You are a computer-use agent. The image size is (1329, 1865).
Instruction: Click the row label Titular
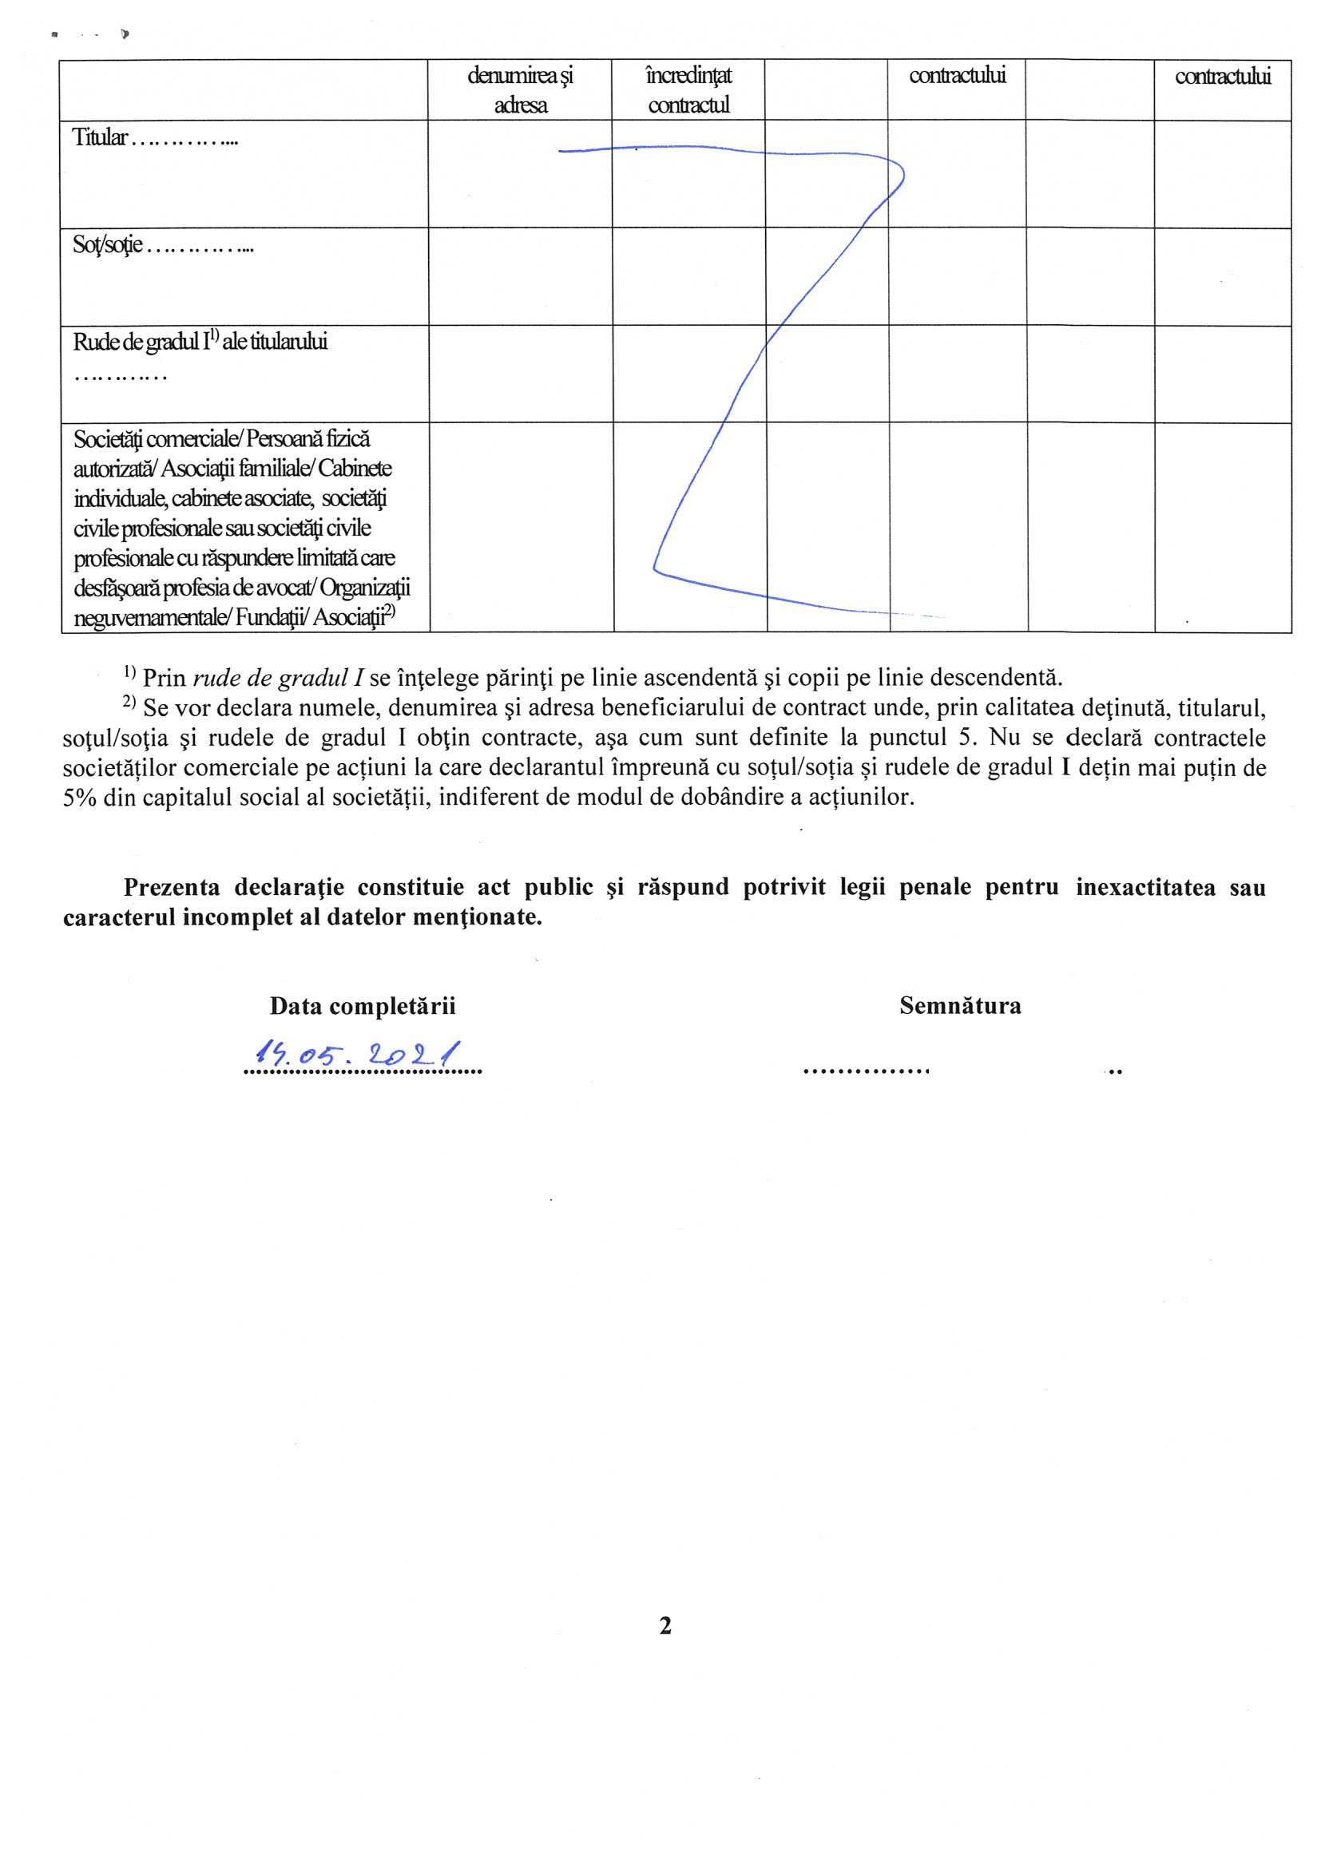(100, 137)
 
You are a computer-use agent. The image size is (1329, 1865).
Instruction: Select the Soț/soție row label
(107, 244)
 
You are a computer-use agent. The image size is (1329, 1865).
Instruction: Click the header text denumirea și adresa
(521, 90)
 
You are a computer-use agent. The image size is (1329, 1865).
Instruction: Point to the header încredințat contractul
(688, 90)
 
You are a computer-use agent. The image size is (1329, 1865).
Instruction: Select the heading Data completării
(363, 1006)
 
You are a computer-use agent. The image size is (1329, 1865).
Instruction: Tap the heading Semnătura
(960, 1005)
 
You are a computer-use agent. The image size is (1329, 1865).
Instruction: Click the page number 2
(665, 1625)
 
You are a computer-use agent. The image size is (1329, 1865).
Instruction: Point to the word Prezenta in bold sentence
(172, 888)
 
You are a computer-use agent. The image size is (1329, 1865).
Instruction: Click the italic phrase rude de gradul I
(278, 678)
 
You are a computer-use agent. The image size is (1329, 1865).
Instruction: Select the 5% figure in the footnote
(79, 798)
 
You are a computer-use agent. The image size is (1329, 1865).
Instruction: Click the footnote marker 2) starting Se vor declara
(129, 703)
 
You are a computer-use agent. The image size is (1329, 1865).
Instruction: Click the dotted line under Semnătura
(866, 1071)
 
